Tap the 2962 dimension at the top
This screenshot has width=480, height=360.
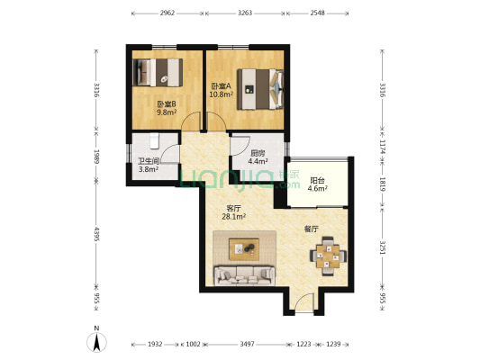[x=168, y=13]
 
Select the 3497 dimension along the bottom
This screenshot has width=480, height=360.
[x=247, y=344]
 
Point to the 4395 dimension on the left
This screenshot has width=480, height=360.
[x=96, y=234]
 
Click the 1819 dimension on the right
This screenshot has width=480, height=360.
[x=383, y=184]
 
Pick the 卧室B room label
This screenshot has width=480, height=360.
[x=167, y=104]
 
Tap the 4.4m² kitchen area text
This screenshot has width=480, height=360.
[x=258, y=161]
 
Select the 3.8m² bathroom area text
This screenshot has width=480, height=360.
[x=149, y=169]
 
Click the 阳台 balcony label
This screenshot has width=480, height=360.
[x=317, y=181]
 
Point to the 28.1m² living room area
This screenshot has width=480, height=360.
[x=234, y=217]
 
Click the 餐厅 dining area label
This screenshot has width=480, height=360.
[x=312, y=229]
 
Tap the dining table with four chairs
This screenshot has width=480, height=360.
[x=328, y=256]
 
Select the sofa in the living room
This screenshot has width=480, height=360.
[x=244, y=275]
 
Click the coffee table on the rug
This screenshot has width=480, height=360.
[x=244, y=249]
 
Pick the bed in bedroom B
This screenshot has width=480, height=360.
[x=158, y=72]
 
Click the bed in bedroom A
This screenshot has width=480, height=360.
[x=260, y=89]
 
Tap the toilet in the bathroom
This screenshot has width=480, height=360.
[x=155, y=141]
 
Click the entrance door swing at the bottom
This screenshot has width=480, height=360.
[x=304, y=302]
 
